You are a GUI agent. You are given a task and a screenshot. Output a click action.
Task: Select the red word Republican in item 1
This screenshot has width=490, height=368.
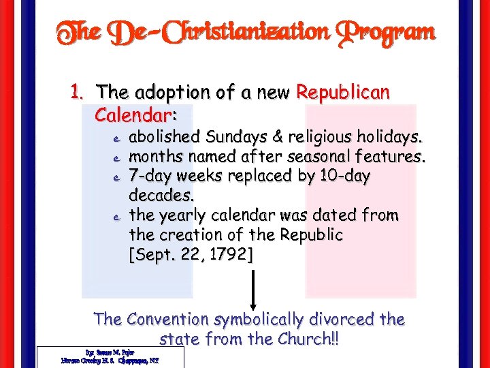tap(343, 92)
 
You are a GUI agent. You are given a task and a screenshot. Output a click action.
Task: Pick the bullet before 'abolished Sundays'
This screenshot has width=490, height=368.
tap(116, 139)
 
